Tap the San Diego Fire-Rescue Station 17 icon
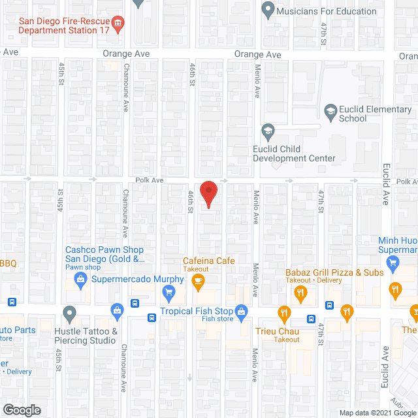118,25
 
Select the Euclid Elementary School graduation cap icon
330,113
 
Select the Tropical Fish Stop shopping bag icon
240,311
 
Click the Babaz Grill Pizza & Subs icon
301,294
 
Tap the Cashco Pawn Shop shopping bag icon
81,281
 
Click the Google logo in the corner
21,410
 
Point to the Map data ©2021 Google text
377,412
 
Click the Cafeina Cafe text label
208,261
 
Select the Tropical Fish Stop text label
197,311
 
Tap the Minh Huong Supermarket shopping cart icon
393,265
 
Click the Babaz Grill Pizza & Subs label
334,272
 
